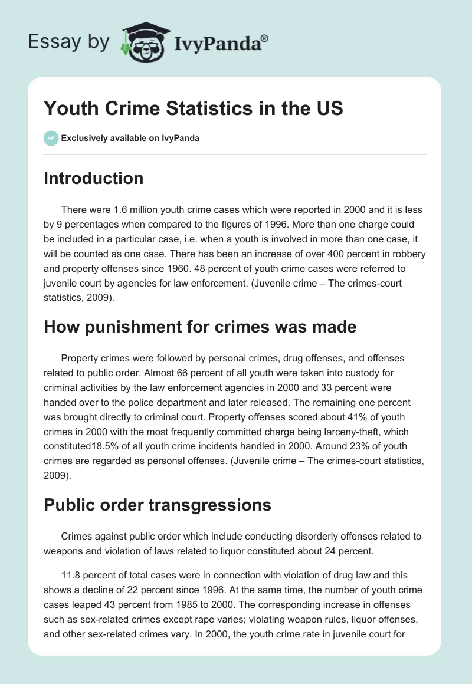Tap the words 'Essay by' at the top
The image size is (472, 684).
[x=70, y=41]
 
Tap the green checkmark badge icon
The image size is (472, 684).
[x=51, y=138]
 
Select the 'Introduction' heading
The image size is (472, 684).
[x=93, y=178]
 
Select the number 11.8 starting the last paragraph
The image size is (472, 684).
[x=71, y=575]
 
